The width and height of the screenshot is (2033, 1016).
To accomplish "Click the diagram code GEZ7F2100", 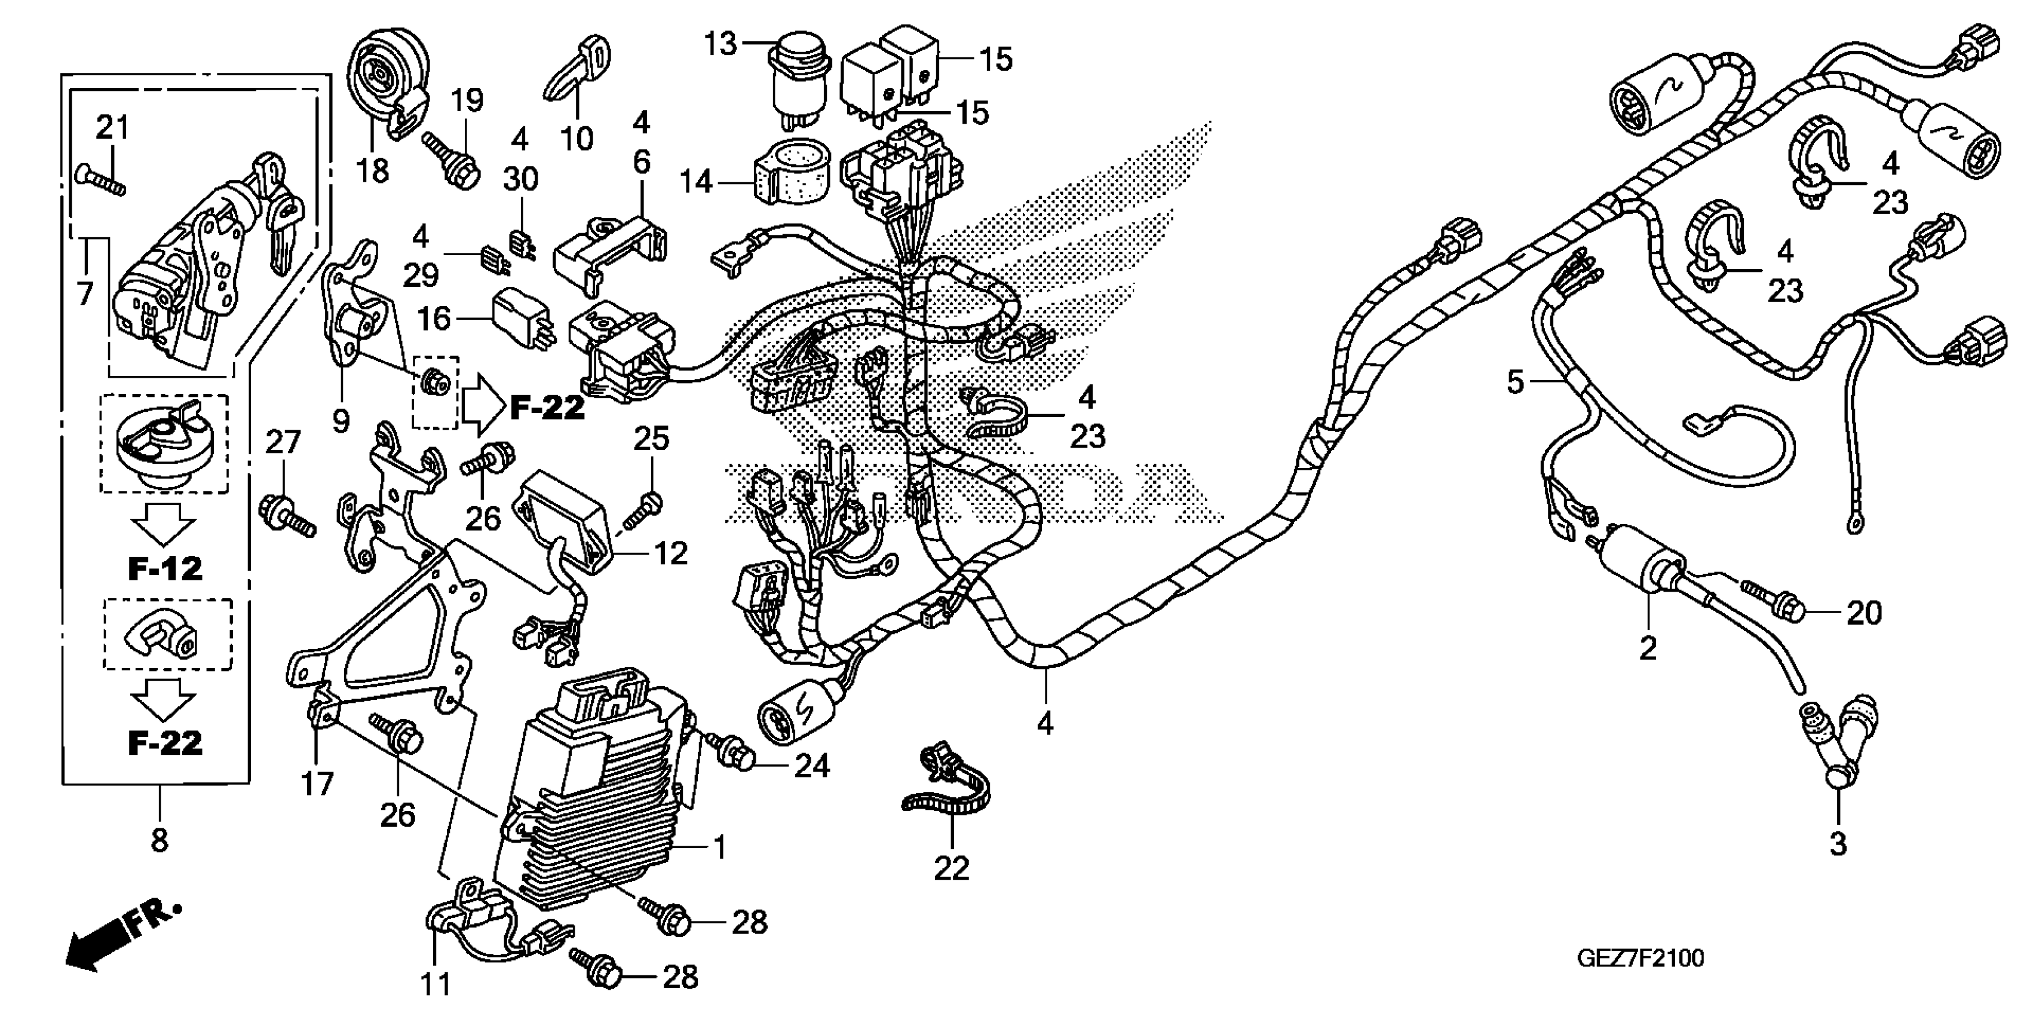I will (x=1640, y=959).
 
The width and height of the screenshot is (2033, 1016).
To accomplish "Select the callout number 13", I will (x=720, y=44).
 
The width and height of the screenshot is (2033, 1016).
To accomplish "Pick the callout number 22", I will (x=951, y=868).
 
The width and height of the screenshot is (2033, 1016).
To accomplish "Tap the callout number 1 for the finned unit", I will (x=719, y=847).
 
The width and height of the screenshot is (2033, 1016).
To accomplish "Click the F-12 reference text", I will (x=165, y=568).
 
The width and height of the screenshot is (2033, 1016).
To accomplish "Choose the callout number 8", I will (x=160, y=841).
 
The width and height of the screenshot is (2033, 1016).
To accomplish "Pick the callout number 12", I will (x=671, y=553).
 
